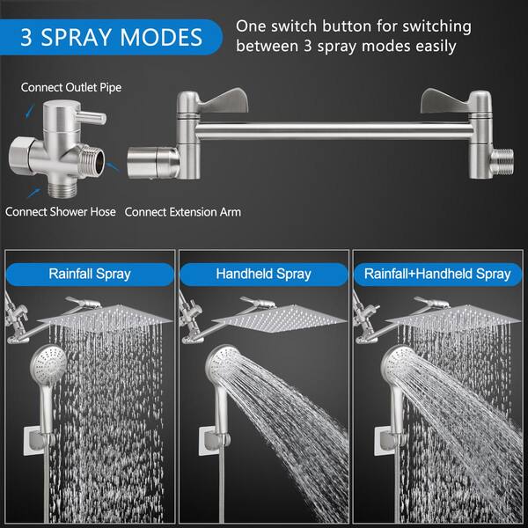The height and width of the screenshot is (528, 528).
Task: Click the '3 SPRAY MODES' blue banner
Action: point(111,37)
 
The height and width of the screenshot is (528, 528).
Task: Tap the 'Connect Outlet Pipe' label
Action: point(71,87)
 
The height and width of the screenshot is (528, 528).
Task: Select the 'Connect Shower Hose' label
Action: point(60,212)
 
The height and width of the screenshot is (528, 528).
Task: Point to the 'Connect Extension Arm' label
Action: point(183,212)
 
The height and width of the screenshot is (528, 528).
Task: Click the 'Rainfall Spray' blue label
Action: point(90,274)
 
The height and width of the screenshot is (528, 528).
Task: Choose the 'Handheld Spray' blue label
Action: point(263,274)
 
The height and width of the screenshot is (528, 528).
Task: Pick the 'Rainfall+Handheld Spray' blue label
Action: point(437,274)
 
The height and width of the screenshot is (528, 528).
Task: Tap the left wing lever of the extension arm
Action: point(224,100)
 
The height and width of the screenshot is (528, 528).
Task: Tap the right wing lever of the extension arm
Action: point(444,100)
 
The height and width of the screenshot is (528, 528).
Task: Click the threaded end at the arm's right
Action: point(502,163)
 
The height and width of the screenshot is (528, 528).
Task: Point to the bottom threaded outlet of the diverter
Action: point(62,190)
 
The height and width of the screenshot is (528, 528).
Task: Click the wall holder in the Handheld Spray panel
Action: point(211,441)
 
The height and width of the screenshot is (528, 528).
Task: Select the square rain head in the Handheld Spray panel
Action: point(279,319)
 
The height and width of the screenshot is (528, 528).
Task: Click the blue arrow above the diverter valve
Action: point(30,111)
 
